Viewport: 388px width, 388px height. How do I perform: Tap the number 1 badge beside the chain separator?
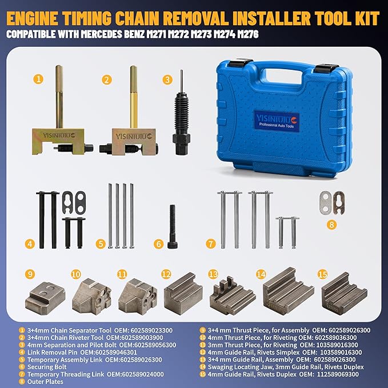[38, 79]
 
